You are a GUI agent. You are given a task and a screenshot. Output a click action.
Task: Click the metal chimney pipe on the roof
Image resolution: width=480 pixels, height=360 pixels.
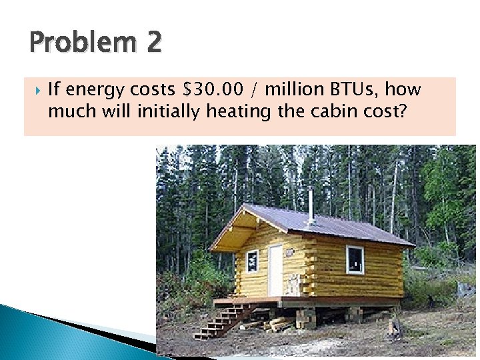(x=310, y=206)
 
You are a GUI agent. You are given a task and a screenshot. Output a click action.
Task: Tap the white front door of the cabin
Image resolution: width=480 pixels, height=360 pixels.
(x=275, y=270)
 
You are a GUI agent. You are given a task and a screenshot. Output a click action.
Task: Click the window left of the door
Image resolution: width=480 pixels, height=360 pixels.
(x=252, y=261)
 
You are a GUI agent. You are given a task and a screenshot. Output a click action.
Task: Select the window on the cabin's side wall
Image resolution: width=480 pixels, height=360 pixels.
(x=355, y=259)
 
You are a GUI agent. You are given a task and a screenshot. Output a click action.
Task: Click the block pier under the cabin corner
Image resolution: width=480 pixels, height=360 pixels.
(x=307, y=317)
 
